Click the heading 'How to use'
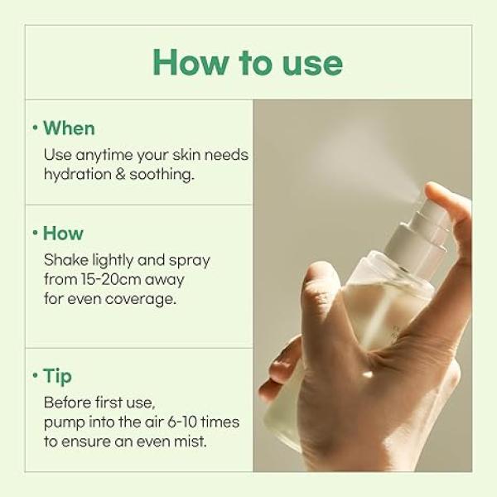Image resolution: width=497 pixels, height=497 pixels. pos(248,62)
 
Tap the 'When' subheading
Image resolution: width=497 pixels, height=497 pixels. pos(69,128)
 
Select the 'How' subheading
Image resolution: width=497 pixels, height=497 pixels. pos(63,234)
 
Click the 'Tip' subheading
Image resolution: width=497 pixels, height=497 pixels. pos(57,376)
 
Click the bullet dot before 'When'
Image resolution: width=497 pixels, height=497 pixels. pos(36,128)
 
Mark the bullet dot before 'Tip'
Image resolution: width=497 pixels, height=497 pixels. pos(36,376)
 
